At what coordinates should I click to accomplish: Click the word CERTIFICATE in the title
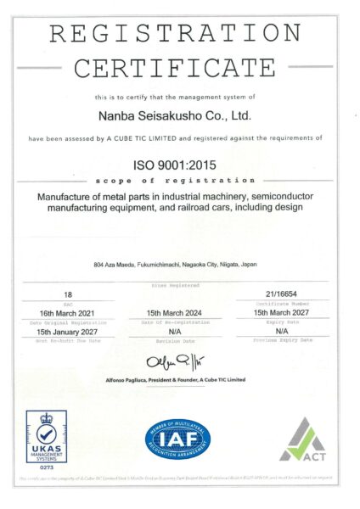tap(175, 67)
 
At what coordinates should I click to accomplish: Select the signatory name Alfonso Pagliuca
tap(127, 379)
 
